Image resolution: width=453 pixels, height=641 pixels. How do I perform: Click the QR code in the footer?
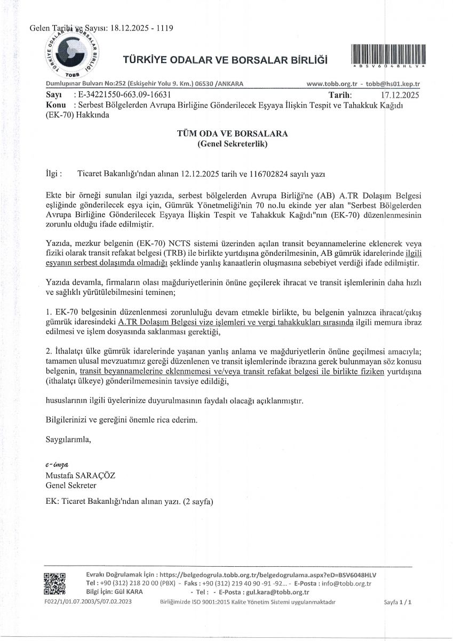coord(54,584)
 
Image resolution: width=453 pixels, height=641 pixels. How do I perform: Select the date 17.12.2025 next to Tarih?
coord(398,96)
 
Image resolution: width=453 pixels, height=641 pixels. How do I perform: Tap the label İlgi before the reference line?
coord(54,174)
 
